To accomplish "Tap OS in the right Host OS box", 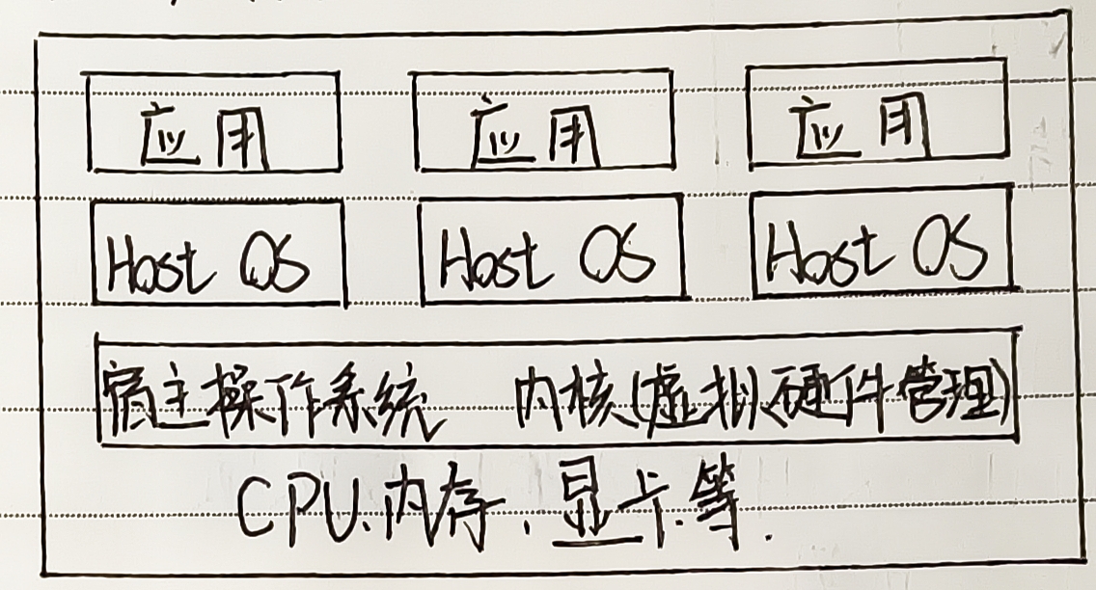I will tap(950, 249).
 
